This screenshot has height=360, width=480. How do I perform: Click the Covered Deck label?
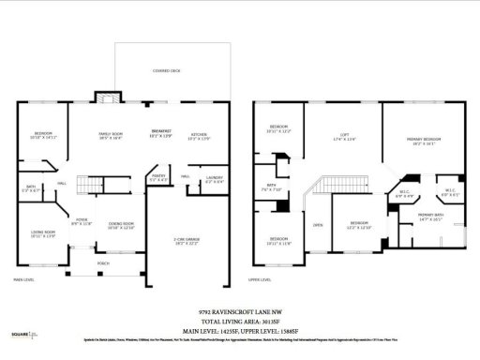(168, 71)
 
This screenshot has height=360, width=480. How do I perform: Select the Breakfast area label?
(162, 133)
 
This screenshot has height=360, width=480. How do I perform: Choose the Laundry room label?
(214, 179)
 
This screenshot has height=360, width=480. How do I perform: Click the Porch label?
(103, 264)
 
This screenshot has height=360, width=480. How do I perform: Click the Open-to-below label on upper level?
(318, 225)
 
